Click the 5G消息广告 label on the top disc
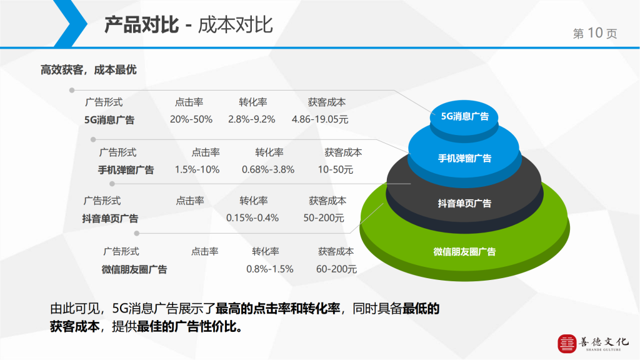point(464,116)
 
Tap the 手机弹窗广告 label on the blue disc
point(464,158)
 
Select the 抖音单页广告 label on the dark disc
point(464,203)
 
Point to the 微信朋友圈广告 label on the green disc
point(464,252)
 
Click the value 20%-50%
point(191,119)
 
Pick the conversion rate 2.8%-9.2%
point(251,119)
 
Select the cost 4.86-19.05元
point(320,119)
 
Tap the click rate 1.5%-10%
point(197,169)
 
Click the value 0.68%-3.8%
point(267,169)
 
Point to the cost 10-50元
point(336,169)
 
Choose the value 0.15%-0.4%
point(252,218)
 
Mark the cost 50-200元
point(324,218)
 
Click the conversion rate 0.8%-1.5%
point(270,269)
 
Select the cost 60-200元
point(336,269)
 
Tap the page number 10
point(595,32)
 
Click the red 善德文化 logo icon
point(567,344)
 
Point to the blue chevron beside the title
point(70,23)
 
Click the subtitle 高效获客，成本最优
point(89,70)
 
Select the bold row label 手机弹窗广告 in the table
point(126,170)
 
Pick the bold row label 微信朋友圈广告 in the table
point(134,269)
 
